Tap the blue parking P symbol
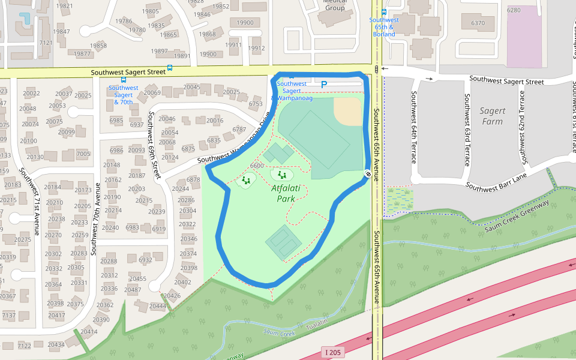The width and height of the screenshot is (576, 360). (324, 85)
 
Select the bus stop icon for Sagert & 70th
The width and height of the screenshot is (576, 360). (124, 79)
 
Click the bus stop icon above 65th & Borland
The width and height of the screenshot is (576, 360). (383, 12)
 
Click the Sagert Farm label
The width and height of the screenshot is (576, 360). (493, 116)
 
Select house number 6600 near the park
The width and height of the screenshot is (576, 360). (257, 166)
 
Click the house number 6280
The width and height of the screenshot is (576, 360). (514, 10)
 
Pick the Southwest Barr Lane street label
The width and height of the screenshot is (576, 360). (496, 181)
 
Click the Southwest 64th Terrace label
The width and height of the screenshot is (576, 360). (413, 127)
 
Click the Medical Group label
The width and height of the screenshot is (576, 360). (335, 6)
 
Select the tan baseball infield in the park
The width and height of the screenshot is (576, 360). (346, 110)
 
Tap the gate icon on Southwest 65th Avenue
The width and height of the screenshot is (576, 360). (367, 174)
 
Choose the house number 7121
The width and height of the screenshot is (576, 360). (46, 43)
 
